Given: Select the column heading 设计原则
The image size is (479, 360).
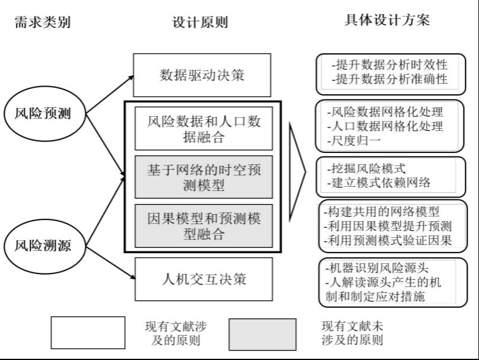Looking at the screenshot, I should pos(201,23).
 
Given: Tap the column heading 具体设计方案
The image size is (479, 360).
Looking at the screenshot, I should pos(387,21).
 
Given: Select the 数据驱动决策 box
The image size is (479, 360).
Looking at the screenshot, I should pos(202,75).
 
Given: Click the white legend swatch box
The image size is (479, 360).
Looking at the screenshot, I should pos(88,333).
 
